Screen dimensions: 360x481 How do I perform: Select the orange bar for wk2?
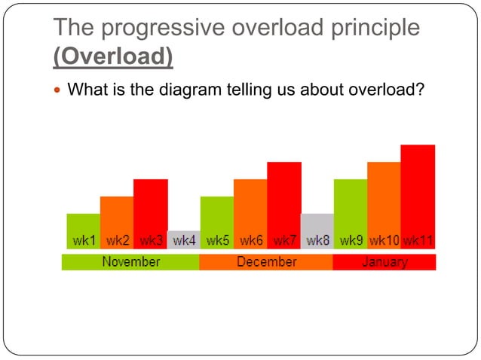pyautogui.click(x=117, y=222)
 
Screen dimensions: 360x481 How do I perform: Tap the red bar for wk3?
pyautogui.click(x=151, y=214)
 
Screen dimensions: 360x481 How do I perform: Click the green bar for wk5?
pyautogui.click(x=217, y=222)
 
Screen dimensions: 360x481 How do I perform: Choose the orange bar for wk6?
pyautogui.click(x=250, y=214)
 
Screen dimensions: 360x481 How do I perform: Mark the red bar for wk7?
pyautogui.click(x=284, y=205)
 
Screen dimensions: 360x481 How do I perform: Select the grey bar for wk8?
pyautogui.click(x=317, y=230)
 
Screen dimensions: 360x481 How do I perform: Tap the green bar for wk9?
pyautogui.click(x=351, y=214)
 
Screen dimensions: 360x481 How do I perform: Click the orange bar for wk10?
pyautogui.click(x=384, y=205)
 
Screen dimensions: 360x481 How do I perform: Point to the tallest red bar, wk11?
pyautogui.click(x=418, y=196)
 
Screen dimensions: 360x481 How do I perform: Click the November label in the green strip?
pyautogui.click(x=130, y=262)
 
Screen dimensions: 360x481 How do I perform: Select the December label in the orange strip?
pyautogui.click(x=266, y=262)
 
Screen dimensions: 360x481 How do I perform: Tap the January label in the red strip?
pyautogui.click(x=384, y=262)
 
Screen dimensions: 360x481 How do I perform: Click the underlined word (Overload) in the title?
pyautogui.click(x=112, y=56)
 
